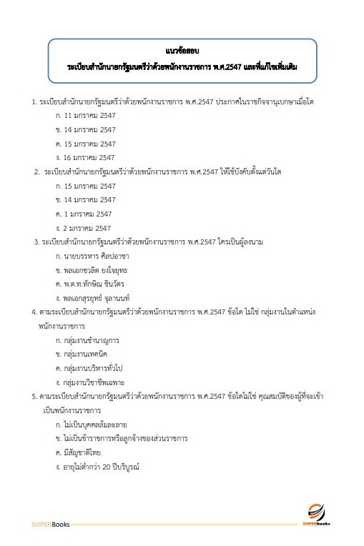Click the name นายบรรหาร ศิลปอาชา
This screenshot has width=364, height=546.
click(x=101, y=255)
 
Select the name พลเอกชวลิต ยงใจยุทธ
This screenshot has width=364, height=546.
click(x=101, y=269)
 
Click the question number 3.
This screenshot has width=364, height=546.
click(x=36, y=242)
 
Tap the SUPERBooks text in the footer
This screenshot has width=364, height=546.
click(x=46, y=524)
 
